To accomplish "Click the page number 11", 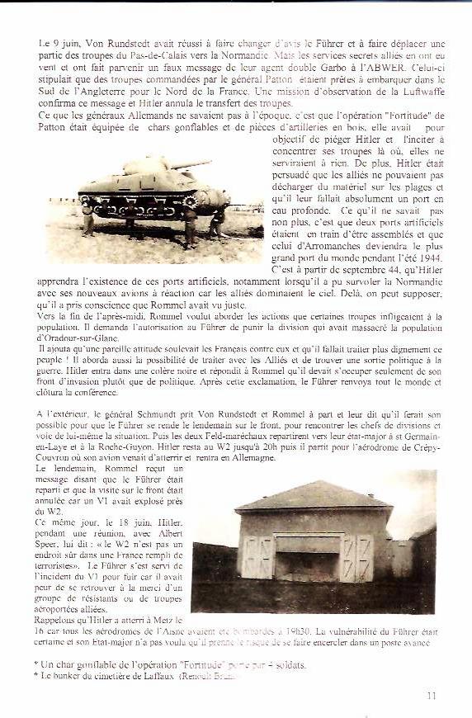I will click(432, 696).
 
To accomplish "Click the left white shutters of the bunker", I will click(255, 558).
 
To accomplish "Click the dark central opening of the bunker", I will click(307, 565).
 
